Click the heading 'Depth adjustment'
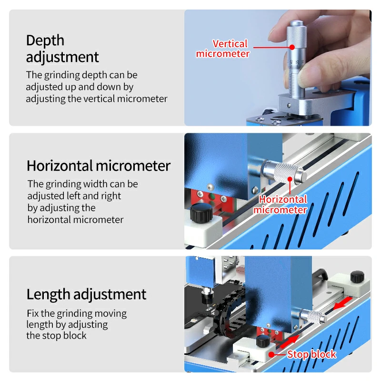[x=62, y=49]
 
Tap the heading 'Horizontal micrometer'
[x=98, y=166]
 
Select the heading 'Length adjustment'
[x=86, y=294]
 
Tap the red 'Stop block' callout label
[x=311, y=354]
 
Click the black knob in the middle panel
[x=201, y=212]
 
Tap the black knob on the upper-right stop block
[x=357, y=276]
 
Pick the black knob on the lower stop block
[x=261, y=341]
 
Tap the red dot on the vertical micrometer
[x=291, y=47]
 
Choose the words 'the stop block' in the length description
[x=56, y=335]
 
